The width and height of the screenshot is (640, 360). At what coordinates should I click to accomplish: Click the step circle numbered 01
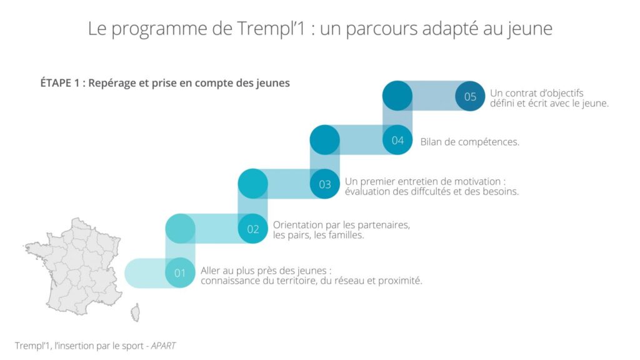pos(180,273)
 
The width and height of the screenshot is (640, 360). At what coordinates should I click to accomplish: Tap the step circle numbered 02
pos(253,229)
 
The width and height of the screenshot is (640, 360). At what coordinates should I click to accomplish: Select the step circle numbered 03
pos(325,184)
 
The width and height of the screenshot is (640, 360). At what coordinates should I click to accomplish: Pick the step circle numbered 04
pos(397,140)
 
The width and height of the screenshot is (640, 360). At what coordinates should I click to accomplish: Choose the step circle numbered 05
pos(470,96)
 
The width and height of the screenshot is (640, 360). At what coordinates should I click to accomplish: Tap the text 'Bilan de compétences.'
pos(469,142)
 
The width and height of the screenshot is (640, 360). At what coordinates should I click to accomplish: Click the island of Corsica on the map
pos(135,312)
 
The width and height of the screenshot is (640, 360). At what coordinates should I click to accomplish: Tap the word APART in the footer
pos(163,345)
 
